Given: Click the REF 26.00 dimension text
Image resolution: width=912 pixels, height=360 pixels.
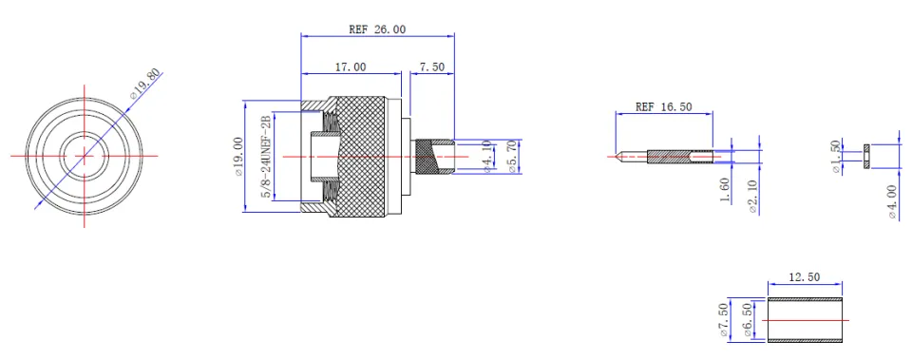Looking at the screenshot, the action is click(377, 29).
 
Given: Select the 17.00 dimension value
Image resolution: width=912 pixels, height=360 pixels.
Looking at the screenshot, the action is click(351, 66).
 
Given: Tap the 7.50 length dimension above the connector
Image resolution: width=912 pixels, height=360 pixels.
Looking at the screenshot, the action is click(431, 66).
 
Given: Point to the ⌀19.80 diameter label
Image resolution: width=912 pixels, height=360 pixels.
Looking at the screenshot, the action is click(144, 84).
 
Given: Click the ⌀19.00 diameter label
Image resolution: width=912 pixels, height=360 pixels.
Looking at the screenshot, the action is click(237, 157).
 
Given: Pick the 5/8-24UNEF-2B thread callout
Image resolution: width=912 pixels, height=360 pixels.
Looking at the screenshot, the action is click(266, 157).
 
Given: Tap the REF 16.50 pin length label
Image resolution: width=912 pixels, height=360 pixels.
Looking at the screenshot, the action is click(664, 106).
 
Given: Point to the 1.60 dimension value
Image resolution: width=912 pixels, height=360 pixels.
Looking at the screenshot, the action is click(725, 190).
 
